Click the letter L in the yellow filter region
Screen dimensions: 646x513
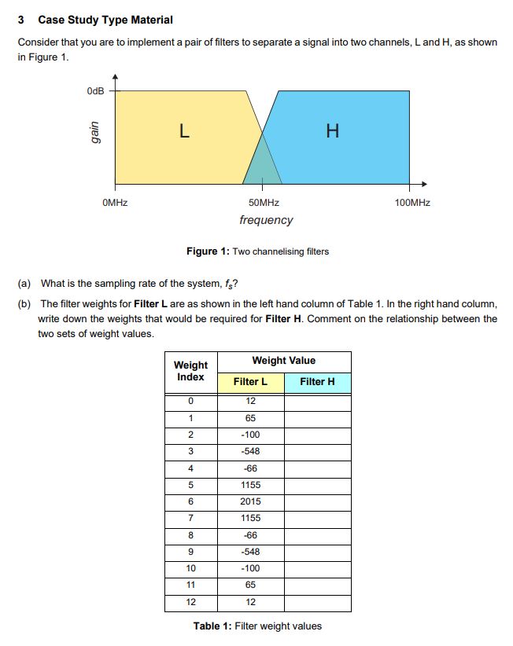pos(183,132)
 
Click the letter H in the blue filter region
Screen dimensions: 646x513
pos(333,132)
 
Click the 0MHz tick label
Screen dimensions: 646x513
pos(115,203)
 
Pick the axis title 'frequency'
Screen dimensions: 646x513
pos(266,220)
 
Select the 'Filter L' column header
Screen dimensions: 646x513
pos(250,382)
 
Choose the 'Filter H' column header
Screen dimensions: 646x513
pos(317,382)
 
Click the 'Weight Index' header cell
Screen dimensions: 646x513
pos(190,371)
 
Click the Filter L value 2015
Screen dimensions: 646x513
pos(250,501)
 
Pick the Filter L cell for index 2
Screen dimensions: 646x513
pos(250,435)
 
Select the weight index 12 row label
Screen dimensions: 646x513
pos(190,602)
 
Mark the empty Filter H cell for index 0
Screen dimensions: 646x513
pos(317,401)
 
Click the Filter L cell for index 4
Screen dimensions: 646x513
pos(250,468)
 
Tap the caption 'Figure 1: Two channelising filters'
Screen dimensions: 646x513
pos(257,251)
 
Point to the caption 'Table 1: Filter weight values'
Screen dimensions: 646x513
pos(257,626)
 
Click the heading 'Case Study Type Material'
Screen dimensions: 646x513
pos(105,20)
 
